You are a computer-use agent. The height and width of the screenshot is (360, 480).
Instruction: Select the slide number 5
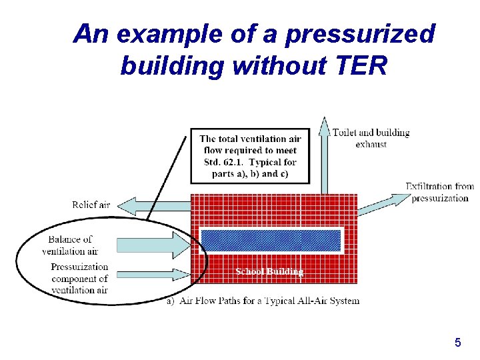(457, 343)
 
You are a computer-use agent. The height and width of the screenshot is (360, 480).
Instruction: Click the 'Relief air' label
(91, 205)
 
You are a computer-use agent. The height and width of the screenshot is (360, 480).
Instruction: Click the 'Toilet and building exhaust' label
(371, 138)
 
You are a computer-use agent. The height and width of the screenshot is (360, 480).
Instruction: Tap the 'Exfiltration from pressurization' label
(439, 192)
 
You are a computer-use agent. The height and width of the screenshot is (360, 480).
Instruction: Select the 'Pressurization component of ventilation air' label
(79, 279)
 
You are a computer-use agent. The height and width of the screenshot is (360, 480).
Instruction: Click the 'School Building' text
(269, 271)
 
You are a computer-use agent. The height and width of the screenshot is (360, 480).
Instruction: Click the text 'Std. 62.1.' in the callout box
(224, 162)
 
